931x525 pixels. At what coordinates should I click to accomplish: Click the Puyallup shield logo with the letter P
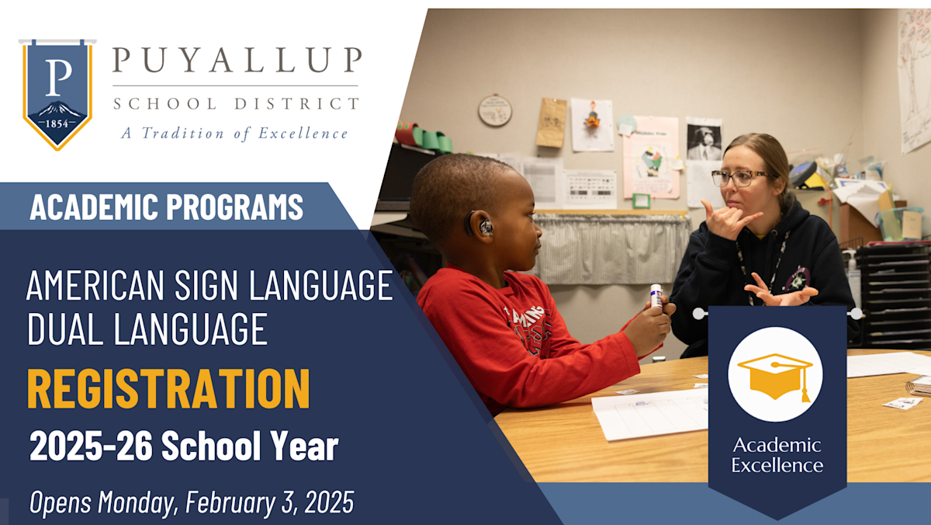tap(57, 94)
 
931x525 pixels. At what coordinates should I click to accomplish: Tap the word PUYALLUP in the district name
tap(237, 61)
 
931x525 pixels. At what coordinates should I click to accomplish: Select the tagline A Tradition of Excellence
tap(234, 133)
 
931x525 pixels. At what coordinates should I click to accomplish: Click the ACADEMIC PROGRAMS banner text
tap(166, 207)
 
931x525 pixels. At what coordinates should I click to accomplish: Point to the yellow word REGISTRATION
tap(168, 390)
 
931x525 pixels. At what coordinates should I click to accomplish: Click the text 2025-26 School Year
tap(184, 447)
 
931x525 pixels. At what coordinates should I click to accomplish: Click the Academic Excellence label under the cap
tap(777, 455)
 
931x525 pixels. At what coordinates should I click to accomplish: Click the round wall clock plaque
tap(495, 110)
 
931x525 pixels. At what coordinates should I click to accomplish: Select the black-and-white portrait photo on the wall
tap(704, 140)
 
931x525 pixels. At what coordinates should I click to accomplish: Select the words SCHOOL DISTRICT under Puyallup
tap(236, 103)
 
